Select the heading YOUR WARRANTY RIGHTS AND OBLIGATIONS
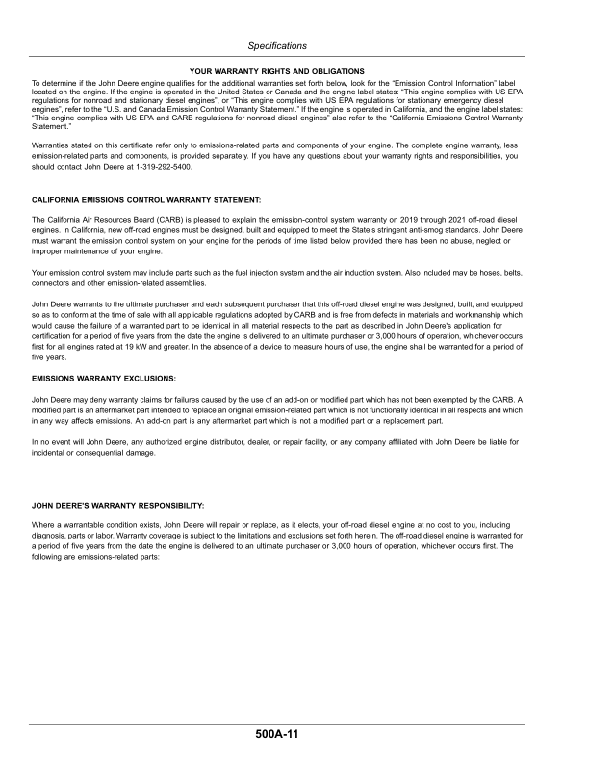[x=277, y=71]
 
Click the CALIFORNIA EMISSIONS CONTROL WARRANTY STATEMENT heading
[x=146, y=198]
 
